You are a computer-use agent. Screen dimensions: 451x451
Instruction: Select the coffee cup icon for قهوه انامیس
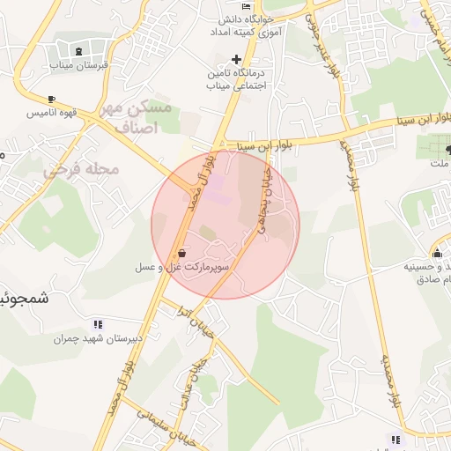coord(51,99)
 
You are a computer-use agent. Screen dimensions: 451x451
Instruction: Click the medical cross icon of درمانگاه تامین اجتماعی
coord(236,58)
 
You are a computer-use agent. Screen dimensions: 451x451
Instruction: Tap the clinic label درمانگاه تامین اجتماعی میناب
coord(236,79)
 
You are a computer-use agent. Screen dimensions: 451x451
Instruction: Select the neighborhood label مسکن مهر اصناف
coord(137,117)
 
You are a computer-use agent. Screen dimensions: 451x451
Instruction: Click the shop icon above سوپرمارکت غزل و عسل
coord(181,253)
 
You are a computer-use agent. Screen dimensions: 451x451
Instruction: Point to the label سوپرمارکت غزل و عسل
coord(182,266)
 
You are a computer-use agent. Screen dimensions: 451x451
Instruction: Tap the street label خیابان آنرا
coord(203,324)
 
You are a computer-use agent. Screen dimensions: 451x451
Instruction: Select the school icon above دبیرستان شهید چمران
coord(97,324)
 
